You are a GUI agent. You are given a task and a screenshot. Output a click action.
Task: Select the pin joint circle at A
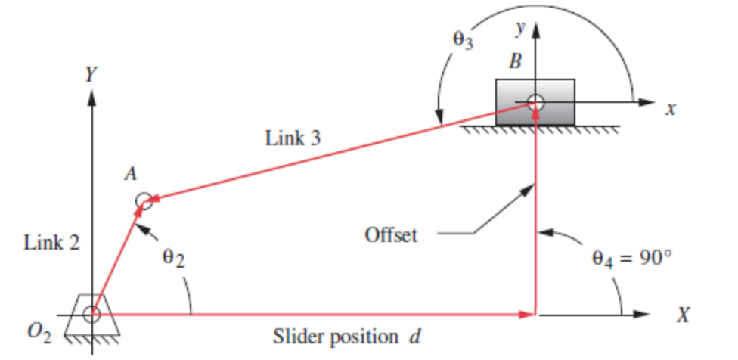pyautogui.click(x=144, y=201)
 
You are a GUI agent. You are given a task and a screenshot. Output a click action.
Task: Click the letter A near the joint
pyautogui.click(x=130, y=175)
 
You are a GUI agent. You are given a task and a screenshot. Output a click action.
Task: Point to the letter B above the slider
pyautogui.click(x=515, y=63)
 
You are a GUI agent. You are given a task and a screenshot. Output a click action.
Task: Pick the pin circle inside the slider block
pyautogui.click(x=535, y=101)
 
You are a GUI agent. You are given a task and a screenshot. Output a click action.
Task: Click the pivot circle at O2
pyautogui.click(x=91, y=314)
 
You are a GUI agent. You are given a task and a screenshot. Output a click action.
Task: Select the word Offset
pyautogui.click(x=391, y=234)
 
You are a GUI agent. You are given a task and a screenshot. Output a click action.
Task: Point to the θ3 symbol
pyautogui.click(x=462, y=40)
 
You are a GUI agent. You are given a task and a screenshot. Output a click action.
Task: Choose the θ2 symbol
pyautogui.click(x=173, y=259)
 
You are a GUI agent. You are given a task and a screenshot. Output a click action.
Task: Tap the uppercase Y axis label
pyautogui.click(x=91, y=74)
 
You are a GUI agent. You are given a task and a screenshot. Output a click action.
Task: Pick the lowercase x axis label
pyautogui.click(x=669, y=110)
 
